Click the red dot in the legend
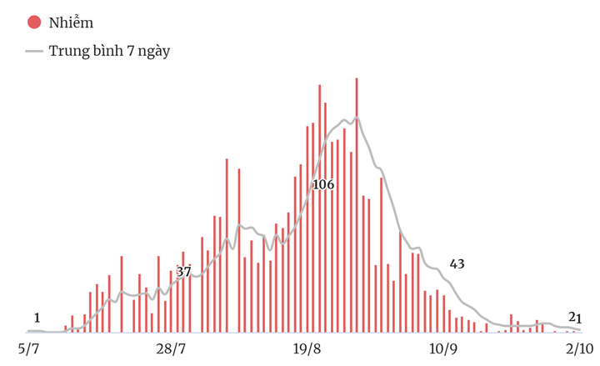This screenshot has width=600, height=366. point(34,23)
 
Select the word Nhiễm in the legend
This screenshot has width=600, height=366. point(72,23)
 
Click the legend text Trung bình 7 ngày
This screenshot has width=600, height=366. point(109,51)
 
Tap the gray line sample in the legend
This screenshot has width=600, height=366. point(34,51)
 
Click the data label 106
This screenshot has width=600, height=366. point(322,184)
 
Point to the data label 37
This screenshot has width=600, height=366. point(183,272)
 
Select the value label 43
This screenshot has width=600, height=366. point(457,264)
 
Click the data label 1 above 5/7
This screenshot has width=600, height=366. point(37,318)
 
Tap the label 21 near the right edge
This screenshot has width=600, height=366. point(575,317)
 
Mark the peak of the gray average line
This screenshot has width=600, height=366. point(356,119)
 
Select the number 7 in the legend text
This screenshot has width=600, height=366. point(128,51)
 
